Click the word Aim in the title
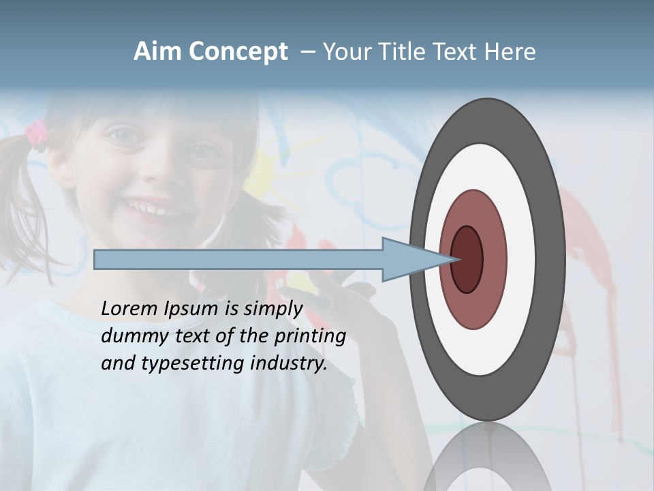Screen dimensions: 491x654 pos(157,52)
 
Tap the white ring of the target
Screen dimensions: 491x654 pos(520,259)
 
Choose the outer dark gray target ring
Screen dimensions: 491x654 pos(550,259)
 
